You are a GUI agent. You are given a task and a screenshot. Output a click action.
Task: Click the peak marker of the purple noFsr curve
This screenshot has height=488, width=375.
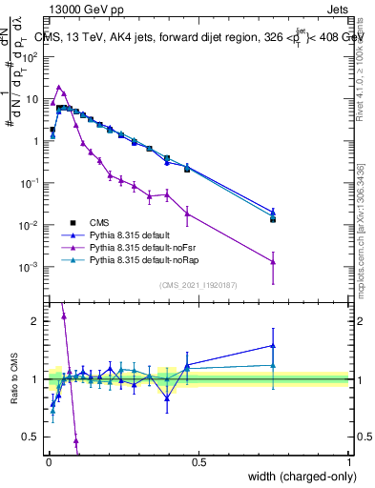pyautogui.click(x=59, y=87)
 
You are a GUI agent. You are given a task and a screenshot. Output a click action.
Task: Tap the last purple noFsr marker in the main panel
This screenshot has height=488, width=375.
pyautogui.click(x=273, y=261)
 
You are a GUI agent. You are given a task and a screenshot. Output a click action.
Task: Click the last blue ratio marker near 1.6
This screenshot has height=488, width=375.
pyautogui.click(x=273, y=346)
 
